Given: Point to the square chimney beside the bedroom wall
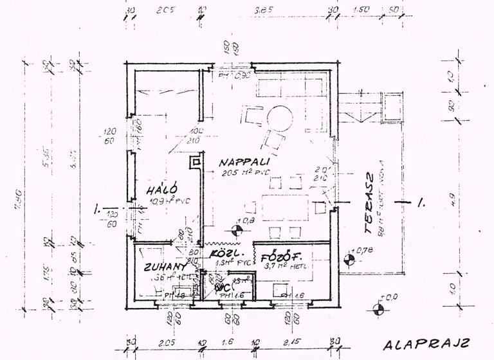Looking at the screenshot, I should [193, 162].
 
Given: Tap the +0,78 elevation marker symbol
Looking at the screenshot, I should [349, 260].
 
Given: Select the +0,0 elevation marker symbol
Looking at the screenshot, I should [381, 308].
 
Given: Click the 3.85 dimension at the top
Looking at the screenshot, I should [264, 11].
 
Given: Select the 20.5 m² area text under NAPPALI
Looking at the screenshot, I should [244, 173].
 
